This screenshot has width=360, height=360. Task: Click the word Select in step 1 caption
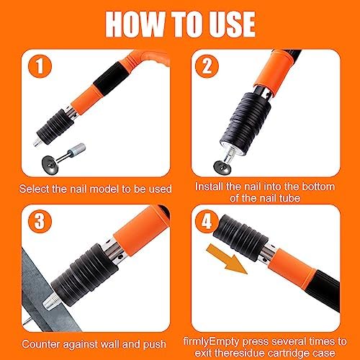tap(42, 189)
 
